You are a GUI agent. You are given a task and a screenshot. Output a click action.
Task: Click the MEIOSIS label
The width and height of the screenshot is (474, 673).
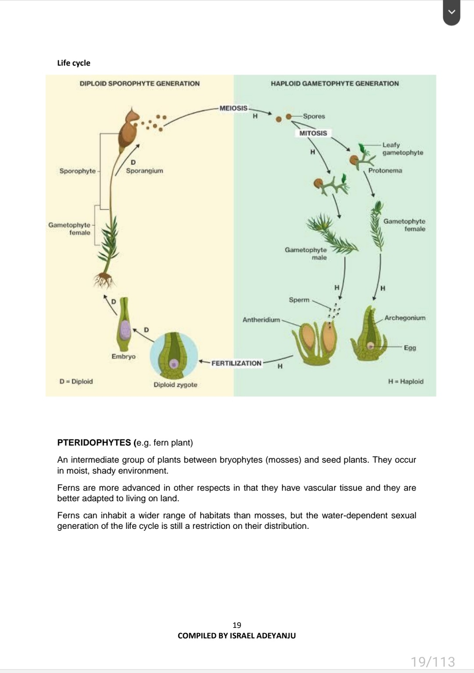click(233, 108)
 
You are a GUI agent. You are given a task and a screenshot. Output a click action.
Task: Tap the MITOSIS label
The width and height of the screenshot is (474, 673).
click(313, 133)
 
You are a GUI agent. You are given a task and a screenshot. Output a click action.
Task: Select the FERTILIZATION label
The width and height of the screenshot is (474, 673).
click(236, 363)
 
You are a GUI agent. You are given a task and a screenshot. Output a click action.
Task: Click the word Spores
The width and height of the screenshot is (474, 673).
click(314, 116)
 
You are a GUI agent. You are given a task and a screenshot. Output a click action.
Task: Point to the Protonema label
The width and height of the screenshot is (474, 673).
click(385, 170)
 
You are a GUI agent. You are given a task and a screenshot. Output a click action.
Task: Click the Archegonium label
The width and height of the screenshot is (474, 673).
click(405, 318)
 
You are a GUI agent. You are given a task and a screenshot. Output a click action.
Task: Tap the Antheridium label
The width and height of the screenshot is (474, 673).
click(261, 320)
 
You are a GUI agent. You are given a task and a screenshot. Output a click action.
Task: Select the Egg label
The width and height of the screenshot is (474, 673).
click(410, 347)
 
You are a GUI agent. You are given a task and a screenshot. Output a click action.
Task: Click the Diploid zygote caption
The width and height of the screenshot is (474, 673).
click(175, 385)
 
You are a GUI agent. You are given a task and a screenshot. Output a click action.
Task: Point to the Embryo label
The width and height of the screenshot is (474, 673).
click(123, 356)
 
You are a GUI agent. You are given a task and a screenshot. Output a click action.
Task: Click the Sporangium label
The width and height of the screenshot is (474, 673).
click(144, 170)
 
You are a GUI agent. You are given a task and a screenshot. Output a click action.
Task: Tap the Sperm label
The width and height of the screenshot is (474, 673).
click(299, 300)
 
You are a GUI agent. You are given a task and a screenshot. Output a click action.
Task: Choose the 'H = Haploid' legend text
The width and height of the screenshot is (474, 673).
click(406, 381)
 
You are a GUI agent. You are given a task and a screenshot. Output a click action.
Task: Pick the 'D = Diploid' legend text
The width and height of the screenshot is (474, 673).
click(76, 381)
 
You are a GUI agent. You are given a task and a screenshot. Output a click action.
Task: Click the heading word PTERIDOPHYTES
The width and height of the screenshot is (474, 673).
click(94, 443)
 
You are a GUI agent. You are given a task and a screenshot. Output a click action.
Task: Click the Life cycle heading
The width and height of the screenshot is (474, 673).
click(74, 63)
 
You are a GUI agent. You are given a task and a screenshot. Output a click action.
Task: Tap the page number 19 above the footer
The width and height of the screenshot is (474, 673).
click(237, 625)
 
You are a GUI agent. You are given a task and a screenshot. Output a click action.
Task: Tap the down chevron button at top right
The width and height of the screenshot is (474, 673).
click(452, 13)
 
